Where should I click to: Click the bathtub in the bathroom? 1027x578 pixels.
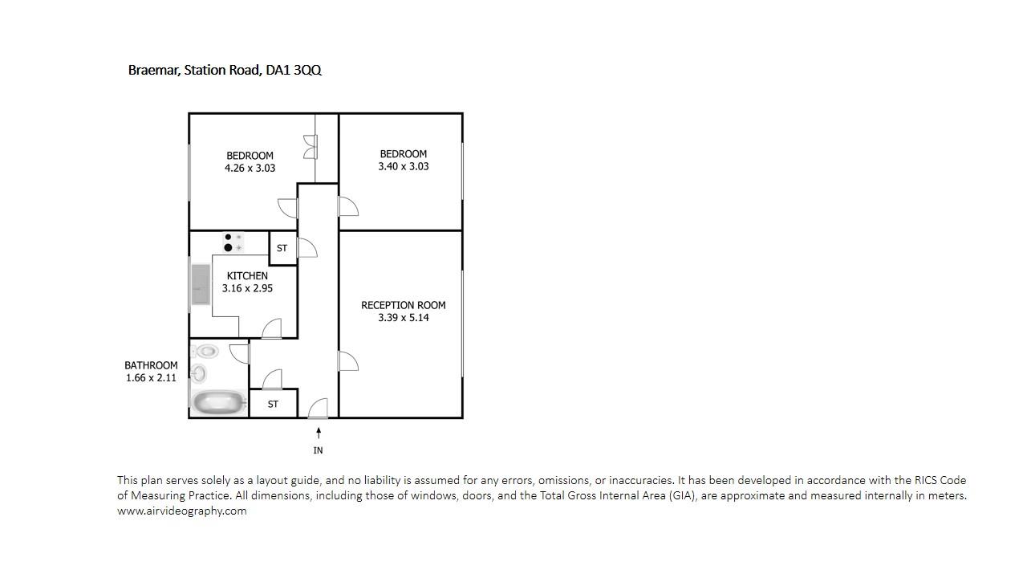coord(219,403)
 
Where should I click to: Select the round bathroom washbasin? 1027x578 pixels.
coord(198,372)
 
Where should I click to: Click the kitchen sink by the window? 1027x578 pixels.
coord(201,284)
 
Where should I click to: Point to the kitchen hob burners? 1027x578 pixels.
coord(233,242)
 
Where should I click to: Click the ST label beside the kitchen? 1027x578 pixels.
coord(282,248)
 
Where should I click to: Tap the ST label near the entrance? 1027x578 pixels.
coord(273,404)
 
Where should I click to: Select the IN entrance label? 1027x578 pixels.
coord(319,450)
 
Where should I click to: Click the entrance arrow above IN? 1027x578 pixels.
coord(319,433)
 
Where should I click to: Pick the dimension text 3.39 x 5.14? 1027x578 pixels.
coord(404,317)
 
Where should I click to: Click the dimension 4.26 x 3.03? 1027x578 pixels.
coord(250,168)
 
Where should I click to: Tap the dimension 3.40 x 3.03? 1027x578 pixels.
coord(404,166)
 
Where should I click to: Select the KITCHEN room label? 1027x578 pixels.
coord(247,275)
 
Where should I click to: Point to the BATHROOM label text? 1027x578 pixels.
coord(151,365)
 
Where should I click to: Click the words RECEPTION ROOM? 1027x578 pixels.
coord(404,305)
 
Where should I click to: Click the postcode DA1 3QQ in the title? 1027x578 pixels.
coord(294,70)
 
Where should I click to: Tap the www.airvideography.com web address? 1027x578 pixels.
coord(182,511)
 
